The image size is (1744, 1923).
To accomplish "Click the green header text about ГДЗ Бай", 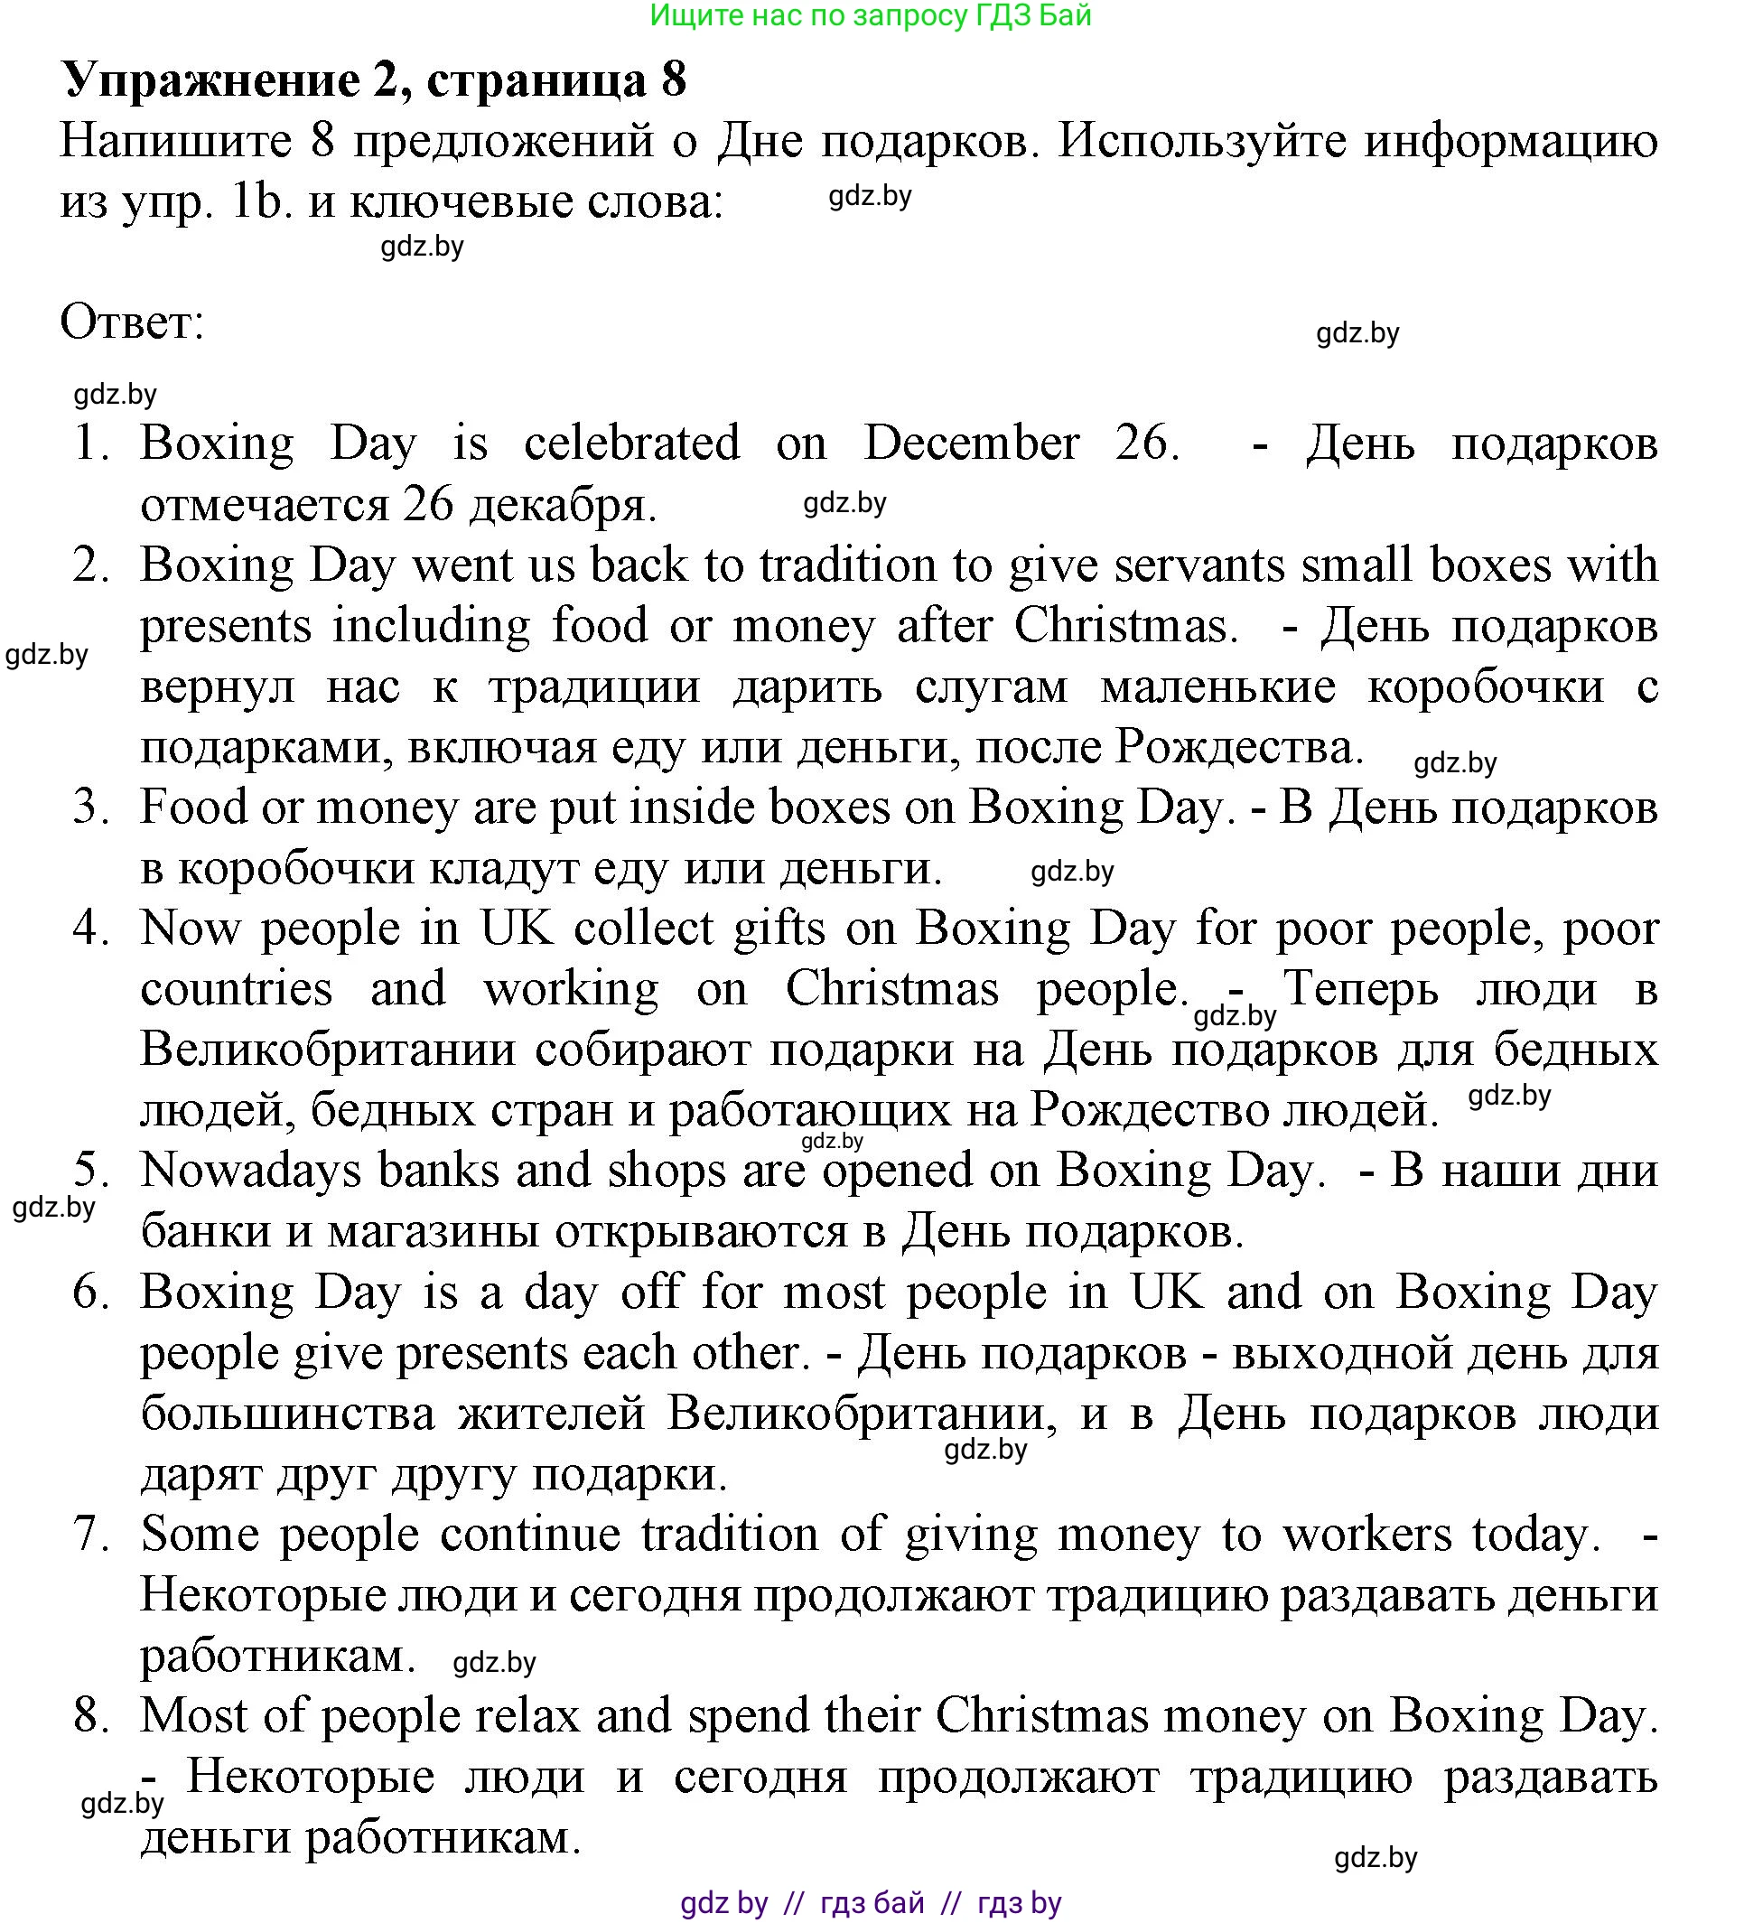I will tap(870, 15).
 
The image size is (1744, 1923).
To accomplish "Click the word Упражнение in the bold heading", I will tap(210, 80).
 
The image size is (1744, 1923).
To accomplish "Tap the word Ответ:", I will tap(132, 322).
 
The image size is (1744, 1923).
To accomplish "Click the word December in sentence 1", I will tap(971, 443).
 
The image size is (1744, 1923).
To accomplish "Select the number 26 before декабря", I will tap(428, 504).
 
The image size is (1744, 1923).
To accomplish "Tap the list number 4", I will tap(90, 929).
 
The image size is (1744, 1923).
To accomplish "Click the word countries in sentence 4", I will tap(237, 989).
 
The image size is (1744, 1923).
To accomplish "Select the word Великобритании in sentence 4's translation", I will tap(329, 1050).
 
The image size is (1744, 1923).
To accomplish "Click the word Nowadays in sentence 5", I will tap(251, 1171).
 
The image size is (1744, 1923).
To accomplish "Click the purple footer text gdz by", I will tap(723, 1903).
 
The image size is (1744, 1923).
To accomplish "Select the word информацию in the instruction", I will tap(1510, 141).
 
